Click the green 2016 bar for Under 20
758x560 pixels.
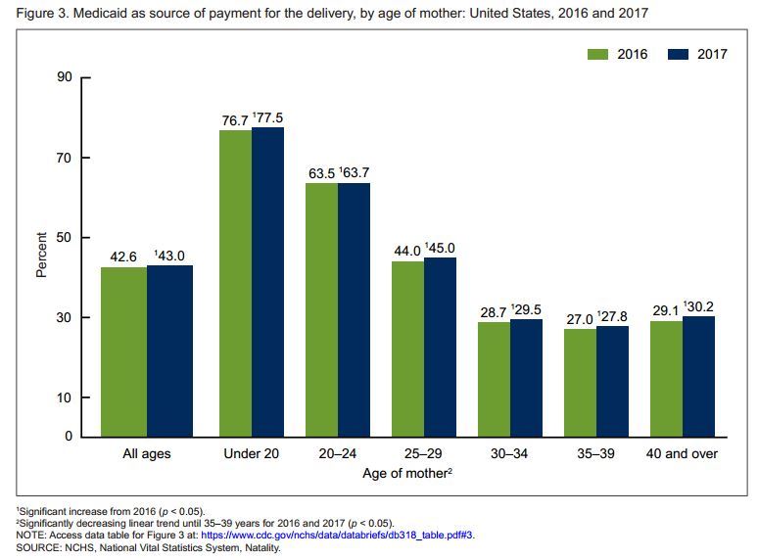pyautogui.click(x=235, y=283)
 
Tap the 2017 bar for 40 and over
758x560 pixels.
pyautogui.click(x=698, y=376)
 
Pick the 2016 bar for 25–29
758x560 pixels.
pyautogui.click(x=407, y=349)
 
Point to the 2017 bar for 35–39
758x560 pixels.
pyautogui.click(x=612, y=381)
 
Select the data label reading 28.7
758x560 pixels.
pyautogui.click(x=494, y=310)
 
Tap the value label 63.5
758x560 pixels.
pyautogui.click(x=321, y=173)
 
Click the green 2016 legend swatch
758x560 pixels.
pyautogui.click(x=598, y=54)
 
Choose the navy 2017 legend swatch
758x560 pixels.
pyautogui.click(x=679, y=54)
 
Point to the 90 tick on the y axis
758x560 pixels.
pyautogui.click(x=67, y=77)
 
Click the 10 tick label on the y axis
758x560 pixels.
pyautogui.click(x=67, y=397)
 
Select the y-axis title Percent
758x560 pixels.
pyautogui.click(x=42, y=255)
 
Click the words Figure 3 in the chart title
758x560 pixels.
pyautogui.click(x=41, y=14)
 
